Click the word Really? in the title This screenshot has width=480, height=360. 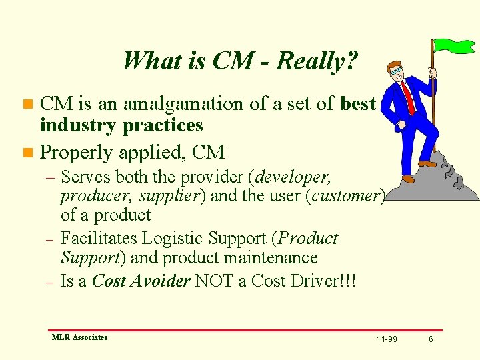click(317, 61)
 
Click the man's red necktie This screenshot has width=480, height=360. click(407, 97)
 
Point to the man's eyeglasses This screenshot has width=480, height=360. click(397, 70)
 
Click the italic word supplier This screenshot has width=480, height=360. click(167, 196)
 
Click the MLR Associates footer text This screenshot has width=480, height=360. click(79, 337)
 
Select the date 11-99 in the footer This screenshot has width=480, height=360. click(387, 339)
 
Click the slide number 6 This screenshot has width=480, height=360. click(431, 339)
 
